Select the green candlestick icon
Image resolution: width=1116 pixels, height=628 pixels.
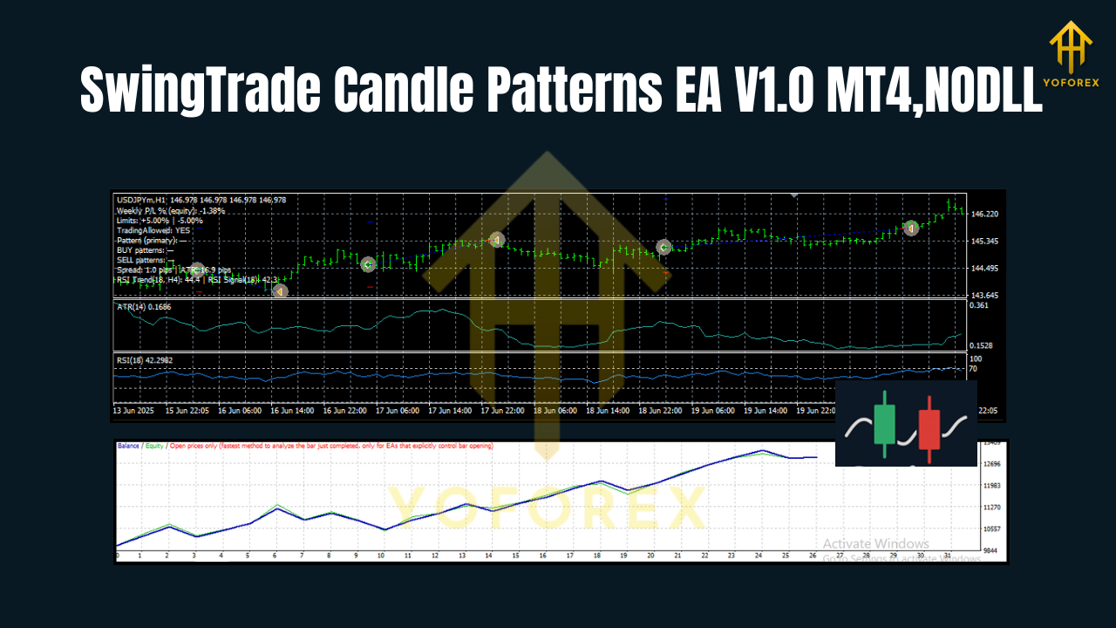coord(884,424)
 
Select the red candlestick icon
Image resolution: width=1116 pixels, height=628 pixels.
coord(929,424)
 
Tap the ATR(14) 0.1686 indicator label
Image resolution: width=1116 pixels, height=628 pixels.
coord(144,307)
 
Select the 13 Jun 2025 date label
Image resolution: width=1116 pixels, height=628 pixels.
coord(133,411)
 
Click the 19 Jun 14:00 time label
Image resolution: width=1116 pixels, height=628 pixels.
coord(766,411)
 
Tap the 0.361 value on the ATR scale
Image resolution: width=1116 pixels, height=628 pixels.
coord(980,305)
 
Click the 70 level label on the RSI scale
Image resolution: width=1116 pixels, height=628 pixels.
coord(975,369)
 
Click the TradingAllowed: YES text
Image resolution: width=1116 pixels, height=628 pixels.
coord(153,230)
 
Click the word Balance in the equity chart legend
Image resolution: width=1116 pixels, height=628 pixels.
coord(129,446)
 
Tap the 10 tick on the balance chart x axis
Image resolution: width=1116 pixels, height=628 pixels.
coord(381,555)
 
